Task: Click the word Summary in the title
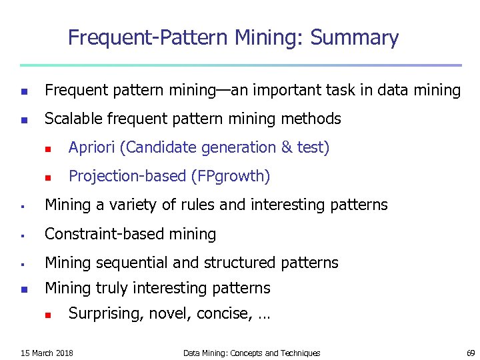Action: pyautogui.click(x=355, y=38)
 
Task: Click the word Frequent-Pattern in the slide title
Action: pyautogui.click(x=149, y=38)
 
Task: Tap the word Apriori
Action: pyautogui.click(x=93, y=147)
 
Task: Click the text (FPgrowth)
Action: pyautogui.click(x=231, y=176)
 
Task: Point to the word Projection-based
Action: pyautogui.click(x=127, y=176)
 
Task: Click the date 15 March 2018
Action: pyautogui.click(x=47, y=353)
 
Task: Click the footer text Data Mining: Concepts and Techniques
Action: pyautogui.click(x=251, y=353)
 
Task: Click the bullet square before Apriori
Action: pyautogui.click(x=47, y=148)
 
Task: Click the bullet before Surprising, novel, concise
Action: pyautogui.click(x=47, y=314)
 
